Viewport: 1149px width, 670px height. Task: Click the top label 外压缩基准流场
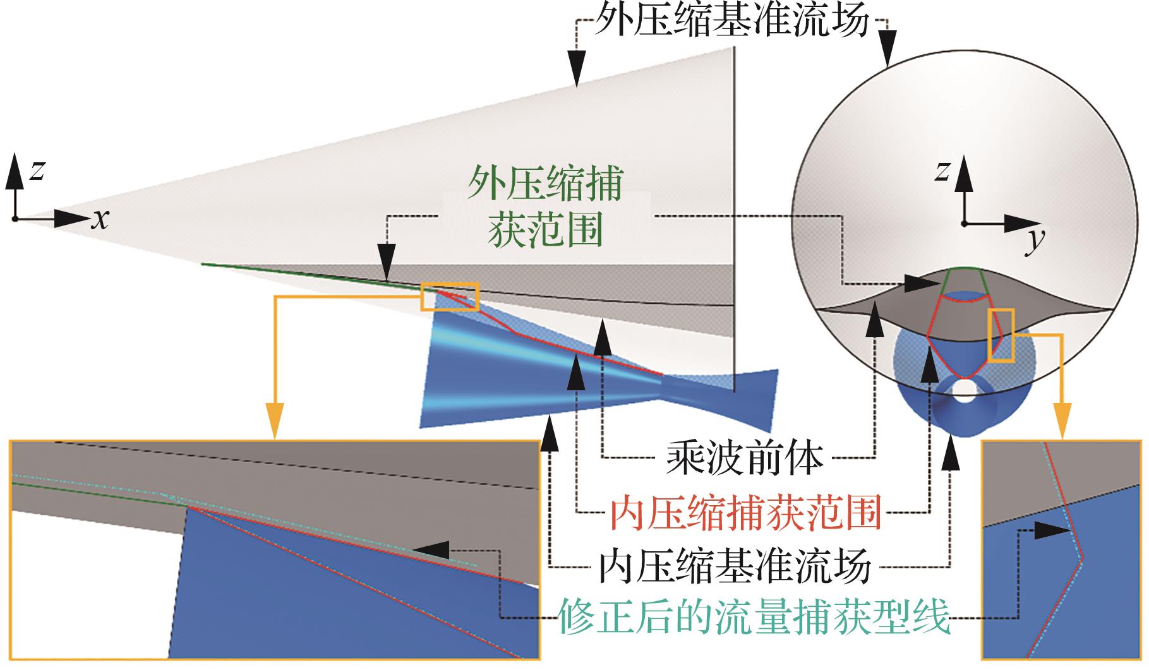pos(732,23)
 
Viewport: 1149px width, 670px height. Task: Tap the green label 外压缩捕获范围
pos(544,208)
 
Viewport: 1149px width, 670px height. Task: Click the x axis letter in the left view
pos(100,220)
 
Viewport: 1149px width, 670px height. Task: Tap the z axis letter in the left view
pos(37,170)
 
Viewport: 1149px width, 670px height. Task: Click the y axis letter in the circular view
pos(1034,242)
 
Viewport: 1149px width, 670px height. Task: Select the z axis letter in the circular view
pos(942,170)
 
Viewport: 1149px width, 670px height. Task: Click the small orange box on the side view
pos(450,296)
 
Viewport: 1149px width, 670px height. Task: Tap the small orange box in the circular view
pos(1001,335)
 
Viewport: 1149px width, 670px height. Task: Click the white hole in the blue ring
pos(965,388)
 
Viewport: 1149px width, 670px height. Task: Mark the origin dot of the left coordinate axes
pos(14,219)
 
